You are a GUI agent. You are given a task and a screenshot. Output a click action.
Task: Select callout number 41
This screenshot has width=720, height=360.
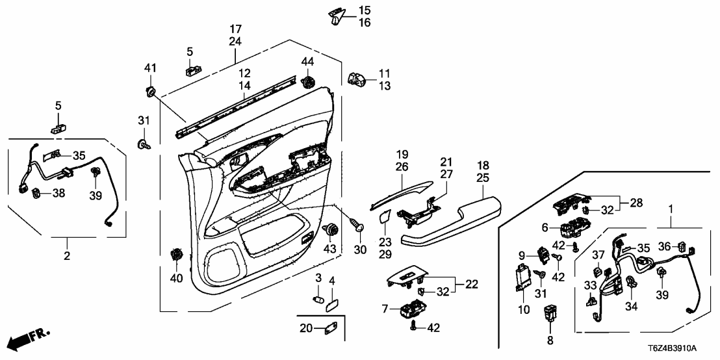pos(151,67)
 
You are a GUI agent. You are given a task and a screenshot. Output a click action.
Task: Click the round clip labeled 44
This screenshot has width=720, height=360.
pos(307,81)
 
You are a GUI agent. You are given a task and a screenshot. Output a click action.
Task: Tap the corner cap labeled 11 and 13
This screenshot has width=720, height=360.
pos(357,79)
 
